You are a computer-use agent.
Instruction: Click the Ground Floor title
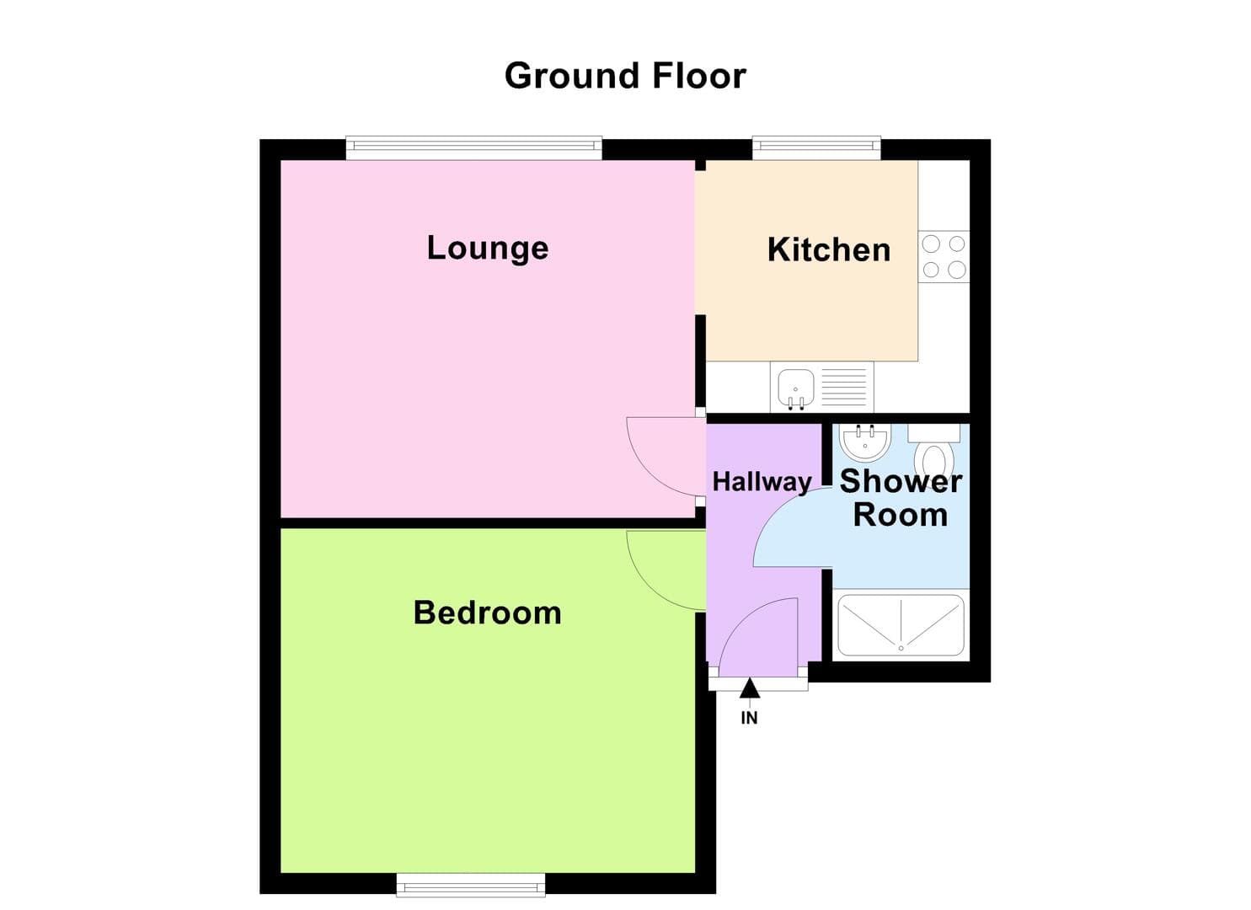tap(625, 76)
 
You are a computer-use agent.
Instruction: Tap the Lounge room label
tap(488, 248)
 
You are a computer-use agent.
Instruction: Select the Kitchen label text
tap(829, 250)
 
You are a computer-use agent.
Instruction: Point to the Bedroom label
tap(487, 613)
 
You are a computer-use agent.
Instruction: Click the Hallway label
tap(762, 482)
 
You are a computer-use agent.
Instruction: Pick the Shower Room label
tap(901, 497)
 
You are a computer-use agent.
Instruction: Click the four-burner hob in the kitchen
tap(944, 257)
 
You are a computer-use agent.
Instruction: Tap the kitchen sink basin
tap(795, 387)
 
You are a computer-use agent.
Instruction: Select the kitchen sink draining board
tap(843, 387)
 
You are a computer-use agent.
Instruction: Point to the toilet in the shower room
tap(934, 455)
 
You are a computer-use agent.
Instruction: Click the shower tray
tap(901, 625)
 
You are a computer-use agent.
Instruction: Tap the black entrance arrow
tap(750, 688)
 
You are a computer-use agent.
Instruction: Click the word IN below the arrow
tap(749, 718)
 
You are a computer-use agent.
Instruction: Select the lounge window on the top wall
tap(473, 149)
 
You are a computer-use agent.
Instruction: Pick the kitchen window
tap(815, 149)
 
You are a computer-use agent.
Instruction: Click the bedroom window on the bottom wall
tap(471, 884)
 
